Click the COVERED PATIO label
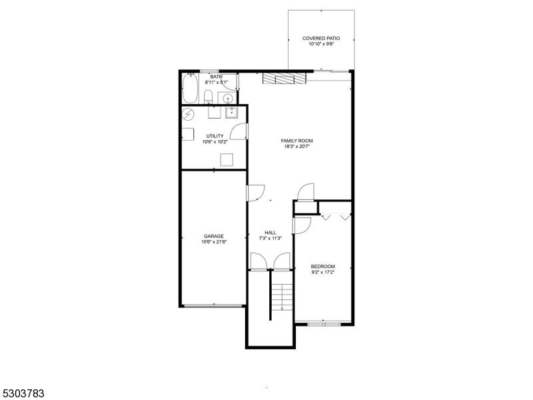[x=321, y=39]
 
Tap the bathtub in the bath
[x=191, y=88]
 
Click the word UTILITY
[x=215, y=136]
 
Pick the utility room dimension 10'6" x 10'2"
[x=215, y=142]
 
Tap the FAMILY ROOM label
[x=296, y=141]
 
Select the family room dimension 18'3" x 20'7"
[x=296, y=147]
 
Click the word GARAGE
[x=213, y=236]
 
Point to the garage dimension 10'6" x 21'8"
[x=213, y=242]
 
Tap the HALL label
[x=270, y=233]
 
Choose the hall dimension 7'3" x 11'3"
[x=270, y=239]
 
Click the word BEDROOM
[x=323, y=266]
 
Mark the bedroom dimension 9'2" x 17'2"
[x=323, y=272]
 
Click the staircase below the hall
[x=282, y=297]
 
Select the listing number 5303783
[x=23, y=393]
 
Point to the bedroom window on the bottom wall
[x=324, y=325]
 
